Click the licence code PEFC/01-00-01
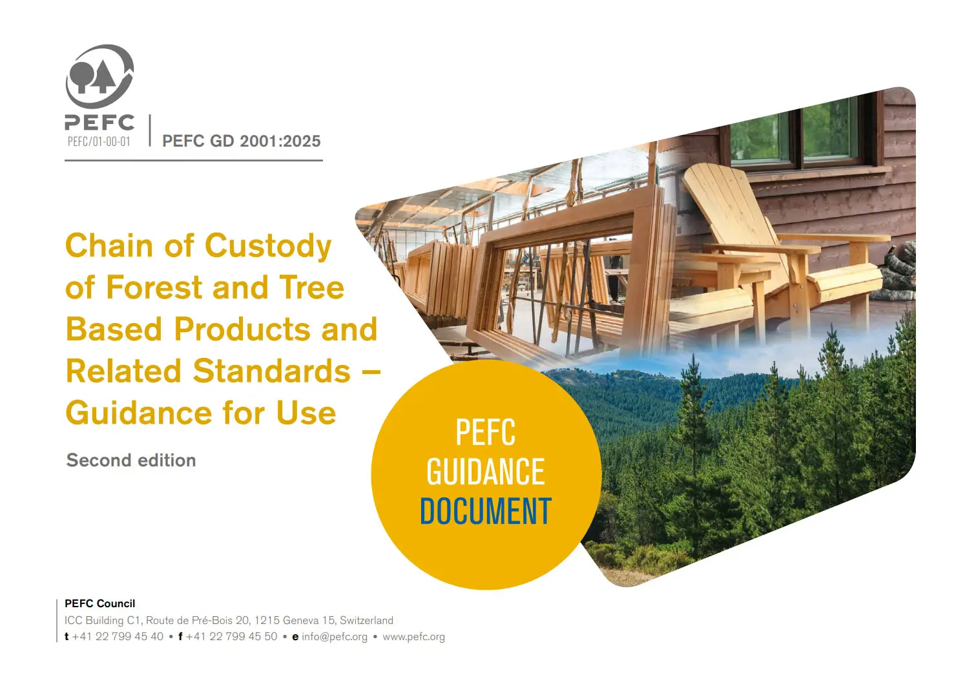(x=99, y=141)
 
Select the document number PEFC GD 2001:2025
(x=242, y=141)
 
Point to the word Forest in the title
(x=154, y=287)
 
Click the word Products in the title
(x=242, y=329)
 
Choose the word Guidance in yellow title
(x=139, y=413)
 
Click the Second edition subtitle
(x=131, y=460)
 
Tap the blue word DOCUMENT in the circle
(x=486, y=511)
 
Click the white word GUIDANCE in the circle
(x=485, y=472)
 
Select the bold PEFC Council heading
(x=99, y=603)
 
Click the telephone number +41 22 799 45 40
(x=118, y=637)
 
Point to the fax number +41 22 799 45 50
(x=231, y=637)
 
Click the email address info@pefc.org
(x=335, y=637)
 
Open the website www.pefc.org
(x=414, y=637)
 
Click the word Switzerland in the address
(x=366, y=620)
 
